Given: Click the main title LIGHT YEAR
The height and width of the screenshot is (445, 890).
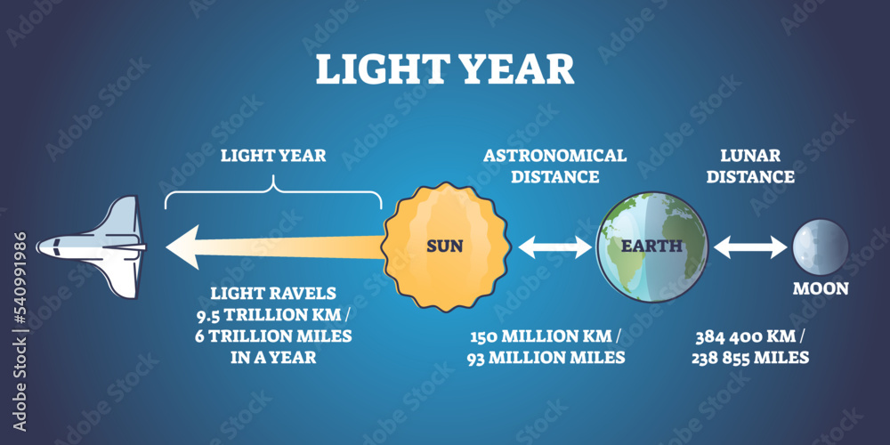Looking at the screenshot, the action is coord(445,69).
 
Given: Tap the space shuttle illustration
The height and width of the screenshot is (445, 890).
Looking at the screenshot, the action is coord(92,247).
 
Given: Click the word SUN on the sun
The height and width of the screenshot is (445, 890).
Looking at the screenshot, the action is coord(445,247).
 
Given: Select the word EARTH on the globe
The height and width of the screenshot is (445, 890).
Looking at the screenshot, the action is coord(651,247).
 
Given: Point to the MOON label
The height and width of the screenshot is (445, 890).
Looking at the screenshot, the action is coord(821,288).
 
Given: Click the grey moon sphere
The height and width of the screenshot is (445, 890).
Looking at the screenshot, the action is coord(821,247).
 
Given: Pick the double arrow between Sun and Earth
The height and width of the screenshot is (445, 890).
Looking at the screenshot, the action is coord(555,247).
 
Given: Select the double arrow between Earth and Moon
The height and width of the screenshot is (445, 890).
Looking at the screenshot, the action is coord(750,247).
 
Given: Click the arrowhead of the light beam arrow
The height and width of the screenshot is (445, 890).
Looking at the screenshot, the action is coord(182,247).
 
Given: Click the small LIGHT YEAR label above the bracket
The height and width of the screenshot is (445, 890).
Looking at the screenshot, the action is coord(273,156).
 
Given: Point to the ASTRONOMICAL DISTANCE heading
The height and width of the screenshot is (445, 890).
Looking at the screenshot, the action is coord(554,166).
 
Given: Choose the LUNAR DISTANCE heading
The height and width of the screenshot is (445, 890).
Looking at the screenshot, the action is coord(750,166).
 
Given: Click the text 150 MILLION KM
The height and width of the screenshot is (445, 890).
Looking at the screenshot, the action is coord(541,336).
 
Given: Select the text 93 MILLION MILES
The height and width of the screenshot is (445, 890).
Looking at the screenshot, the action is coord(546,358).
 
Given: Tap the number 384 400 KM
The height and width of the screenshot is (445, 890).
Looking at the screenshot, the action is coord(744,336).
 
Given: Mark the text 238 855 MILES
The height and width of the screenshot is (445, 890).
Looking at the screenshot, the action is coord(750,358).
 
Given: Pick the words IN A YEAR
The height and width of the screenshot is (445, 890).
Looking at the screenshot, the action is coord(273,358).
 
